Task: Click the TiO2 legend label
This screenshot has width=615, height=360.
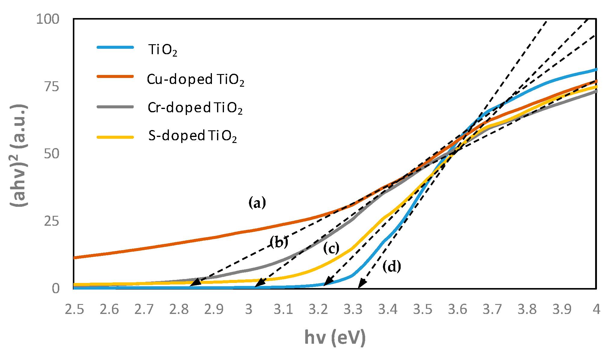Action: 163,50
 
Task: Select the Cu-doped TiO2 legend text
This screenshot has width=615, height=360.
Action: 195,79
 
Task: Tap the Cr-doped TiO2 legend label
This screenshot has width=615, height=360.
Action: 195,108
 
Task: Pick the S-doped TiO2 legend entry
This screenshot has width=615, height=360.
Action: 192,136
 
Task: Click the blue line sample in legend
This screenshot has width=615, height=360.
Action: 115,47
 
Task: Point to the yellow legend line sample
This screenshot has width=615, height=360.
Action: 115,137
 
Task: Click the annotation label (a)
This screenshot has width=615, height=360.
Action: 257,203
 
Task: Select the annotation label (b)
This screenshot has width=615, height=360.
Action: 279,242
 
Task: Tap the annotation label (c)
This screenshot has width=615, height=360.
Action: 331,249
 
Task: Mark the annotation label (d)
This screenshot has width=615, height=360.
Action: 392,266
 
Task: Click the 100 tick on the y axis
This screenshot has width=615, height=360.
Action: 48,19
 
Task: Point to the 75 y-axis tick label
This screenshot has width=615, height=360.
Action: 51,87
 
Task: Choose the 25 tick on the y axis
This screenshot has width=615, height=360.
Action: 51,221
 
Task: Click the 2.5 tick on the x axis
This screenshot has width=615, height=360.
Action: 74,309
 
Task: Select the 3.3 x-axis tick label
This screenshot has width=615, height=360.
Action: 353,309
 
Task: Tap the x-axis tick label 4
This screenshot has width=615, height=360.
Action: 596,309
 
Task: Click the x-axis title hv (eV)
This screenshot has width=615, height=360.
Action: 335,337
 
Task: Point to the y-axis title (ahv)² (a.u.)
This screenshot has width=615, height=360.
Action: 19,155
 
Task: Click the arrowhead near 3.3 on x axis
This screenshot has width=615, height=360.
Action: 362,284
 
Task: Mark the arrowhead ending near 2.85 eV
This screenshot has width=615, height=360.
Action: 195,282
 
